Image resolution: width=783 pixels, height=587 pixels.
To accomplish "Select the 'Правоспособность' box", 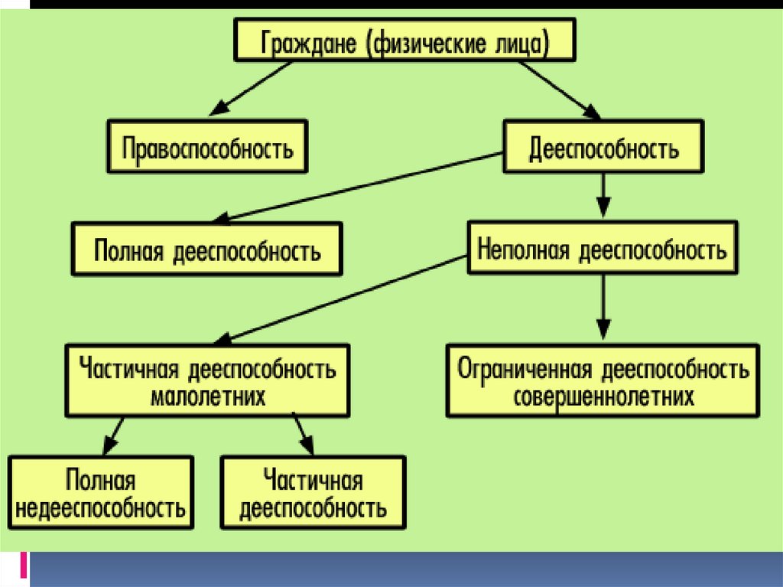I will click(x=208, y=146).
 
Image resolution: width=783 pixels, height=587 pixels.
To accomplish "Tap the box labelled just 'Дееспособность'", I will click(x=603, y=146).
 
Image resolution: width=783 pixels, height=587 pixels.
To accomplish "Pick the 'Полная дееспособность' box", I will click(x=207, y=249).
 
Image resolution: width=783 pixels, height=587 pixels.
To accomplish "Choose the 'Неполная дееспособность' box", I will click(x=603, y=249).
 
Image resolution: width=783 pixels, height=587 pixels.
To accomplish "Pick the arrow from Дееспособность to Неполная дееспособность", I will click(x=604, y=196).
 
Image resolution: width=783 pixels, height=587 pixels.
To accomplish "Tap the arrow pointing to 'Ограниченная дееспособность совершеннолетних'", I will click(x=604, y=306).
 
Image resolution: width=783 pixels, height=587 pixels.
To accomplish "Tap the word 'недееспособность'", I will click(x=100, y=507).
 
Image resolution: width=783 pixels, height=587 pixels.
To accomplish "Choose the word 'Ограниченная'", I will click(x=525, y=370).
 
